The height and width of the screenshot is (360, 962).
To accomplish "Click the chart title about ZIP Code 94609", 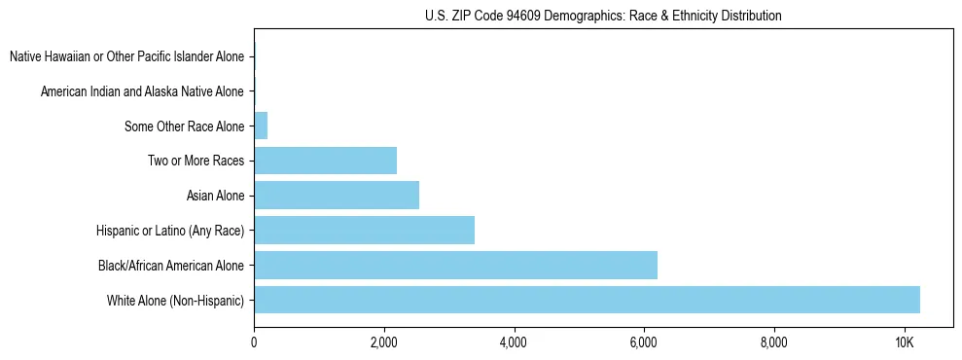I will point(603,16).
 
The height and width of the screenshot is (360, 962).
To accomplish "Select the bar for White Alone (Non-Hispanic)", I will point(587,300).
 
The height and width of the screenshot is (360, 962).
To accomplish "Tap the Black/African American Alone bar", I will point(455,265).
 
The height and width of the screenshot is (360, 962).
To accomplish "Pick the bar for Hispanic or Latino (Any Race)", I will point(364,231).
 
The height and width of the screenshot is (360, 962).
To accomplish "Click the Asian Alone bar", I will point(337,196).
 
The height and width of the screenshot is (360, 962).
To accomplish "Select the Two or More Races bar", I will point(325,161).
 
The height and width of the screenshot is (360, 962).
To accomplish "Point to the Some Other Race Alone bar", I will point(261,126).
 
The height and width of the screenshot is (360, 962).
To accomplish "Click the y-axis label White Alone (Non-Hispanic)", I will point(176,301).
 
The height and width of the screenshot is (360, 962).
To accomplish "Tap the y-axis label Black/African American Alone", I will point(171,266).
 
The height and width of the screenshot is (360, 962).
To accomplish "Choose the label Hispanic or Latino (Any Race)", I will point(170,231).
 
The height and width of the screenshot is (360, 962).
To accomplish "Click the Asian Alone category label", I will point(215,197).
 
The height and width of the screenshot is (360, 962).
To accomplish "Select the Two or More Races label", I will point(196,162).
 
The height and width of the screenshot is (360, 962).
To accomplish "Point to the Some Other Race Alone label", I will point(184,126).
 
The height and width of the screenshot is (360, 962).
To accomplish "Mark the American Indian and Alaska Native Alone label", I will point(142,91).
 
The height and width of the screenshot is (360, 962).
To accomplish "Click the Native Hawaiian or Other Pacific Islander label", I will point(126,57).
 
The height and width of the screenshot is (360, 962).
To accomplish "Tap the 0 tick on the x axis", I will point(254,342).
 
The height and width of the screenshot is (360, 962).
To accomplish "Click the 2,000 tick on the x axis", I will point(384,342).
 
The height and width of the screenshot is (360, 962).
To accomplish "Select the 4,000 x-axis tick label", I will point(514,342).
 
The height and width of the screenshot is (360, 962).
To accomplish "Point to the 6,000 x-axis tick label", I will point(644,342).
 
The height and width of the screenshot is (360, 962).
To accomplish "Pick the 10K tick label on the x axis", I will point(904,342).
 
